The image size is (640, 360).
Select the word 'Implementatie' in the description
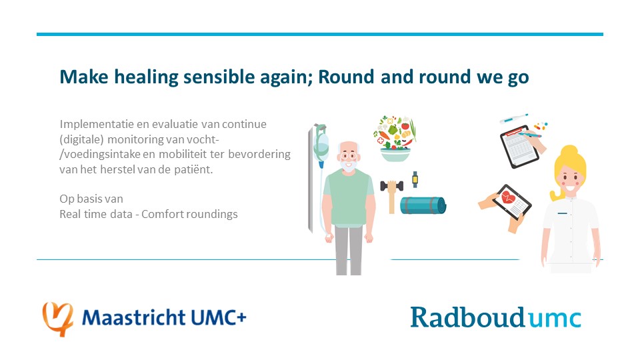point(91,125)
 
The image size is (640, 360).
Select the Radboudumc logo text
point(495,317)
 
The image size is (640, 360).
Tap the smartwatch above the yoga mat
point(415,179)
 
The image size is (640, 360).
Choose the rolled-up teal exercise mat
point(423,205)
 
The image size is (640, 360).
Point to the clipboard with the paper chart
point(520,147)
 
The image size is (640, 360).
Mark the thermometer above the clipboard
point(513,119)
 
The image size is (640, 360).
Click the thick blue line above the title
point(320,34)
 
